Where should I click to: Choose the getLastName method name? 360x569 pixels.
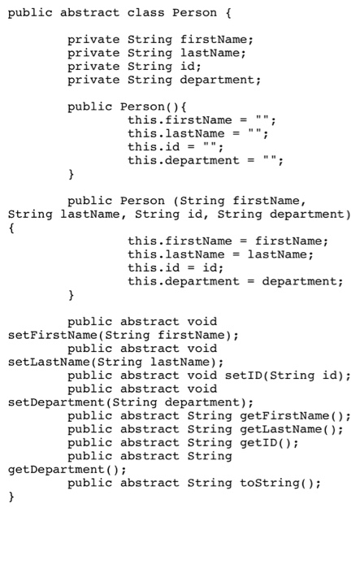tap(281, 429)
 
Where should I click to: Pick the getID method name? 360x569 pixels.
tap(258, 442)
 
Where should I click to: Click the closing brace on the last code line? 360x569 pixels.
tap(11, 497)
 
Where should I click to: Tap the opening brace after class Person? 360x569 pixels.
tap(228, 13)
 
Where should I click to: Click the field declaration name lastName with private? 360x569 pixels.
tap(210, 53)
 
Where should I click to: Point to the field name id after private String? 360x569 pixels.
tap(188, 67)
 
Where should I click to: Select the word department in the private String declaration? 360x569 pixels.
tap(217, 80)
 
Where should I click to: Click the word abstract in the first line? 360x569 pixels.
tap(89, 13)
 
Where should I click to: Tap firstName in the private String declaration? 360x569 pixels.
tap(214, 40)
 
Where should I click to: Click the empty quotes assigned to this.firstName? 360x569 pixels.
tap(262, 119)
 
